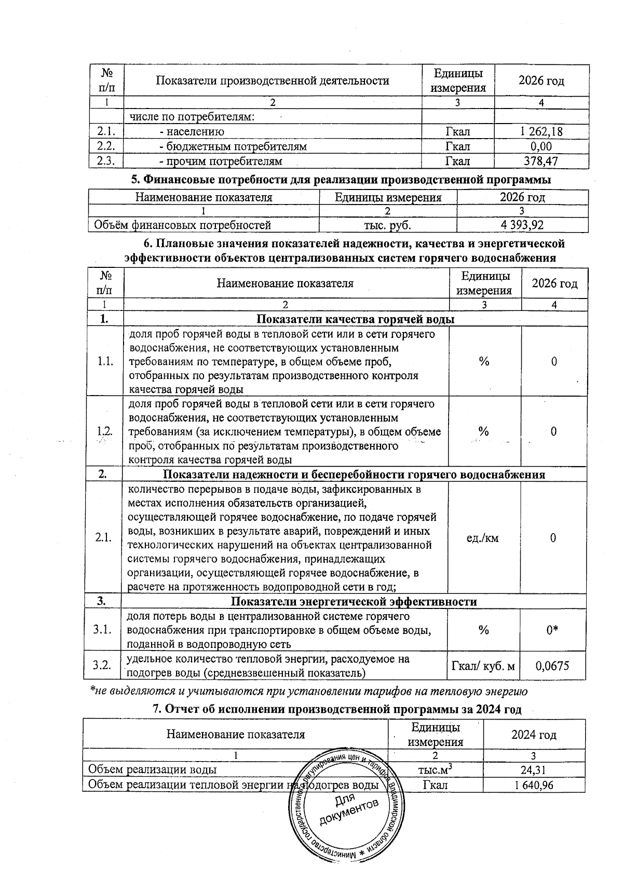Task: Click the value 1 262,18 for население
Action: click(x=541, y=132)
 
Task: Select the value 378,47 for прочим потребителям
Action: click(x=541, y=161)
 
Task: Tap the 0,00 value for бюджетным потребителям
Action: click(x=541, y=146)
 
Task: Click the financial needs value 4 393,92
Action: click(x=522, y=225)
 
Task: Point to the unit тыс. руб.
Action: click(x=388, y=225)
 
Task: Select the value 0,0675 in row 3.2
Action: click(x=553, y=666)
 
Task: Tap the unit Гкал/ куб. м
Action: click(x=484, y=666)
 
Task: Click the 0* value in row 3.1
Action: click(x=553, y=630)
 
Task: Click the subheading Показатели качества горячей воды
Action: click(x=356, y=319)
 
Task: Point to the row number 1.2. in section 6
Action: click(x=105, y=431)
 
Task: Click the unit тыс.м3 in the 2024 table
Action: click(x=437, y=770)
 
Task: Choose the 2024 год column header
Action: click(x=534, y=735)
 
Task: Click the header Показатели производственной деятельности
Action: click(x=272, y=80)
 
